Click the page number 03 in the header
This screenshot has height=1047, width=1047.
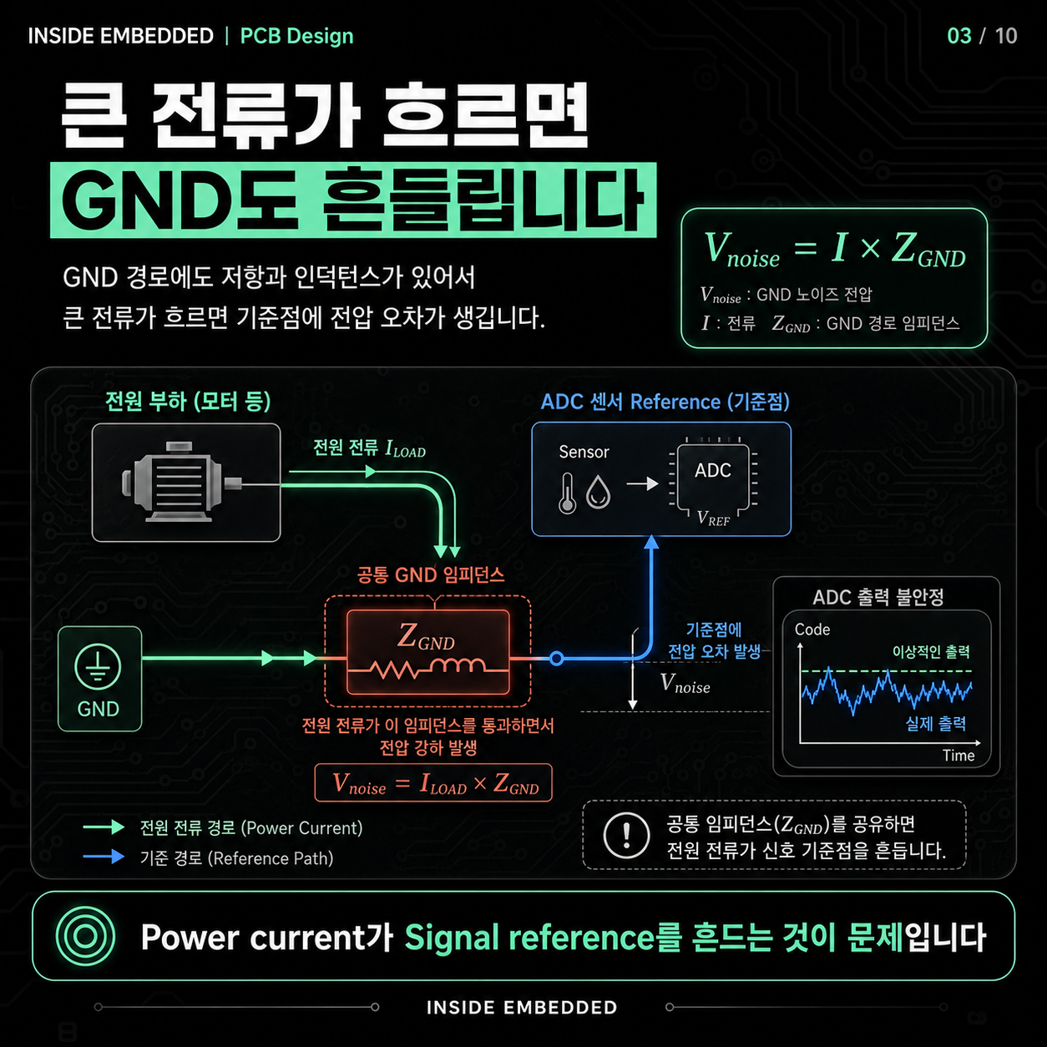coord(959,36)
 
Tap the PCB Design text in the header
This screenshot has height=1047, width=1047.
coord(296,37)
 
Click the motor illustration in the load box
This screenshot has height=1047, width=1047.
coord(181,483)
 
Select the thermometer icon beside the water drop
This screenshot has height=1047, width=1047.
coord(567,493)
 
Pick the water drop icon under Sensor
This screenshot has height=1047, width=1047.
coord(598,493)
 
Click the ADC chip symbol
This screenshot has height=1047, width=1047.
coord(713,477)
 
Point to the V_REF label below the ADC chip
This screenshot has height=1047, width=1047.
coord(713,518)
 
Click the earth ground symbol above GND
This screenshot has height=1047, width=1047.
coord(98,668)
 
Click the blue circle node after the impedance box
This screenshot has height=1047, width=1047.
coord(556,659)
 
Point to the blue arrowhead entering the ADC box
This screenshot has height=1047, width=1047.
coord(651,542)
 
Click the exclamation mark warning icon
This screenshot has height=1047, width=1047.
coord(626,835)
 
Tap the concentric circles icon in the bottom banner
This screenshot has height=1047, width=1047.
coord(85,936)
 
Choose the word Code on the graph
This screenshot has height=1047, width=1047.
coord(812,630)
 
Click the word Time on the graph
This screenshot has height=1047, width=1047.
coord(958,756)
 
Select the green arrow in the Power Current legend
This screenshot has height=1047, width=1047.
coord(104,827)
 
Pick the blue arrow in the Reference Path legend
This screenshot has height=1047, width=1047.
coord(104,857)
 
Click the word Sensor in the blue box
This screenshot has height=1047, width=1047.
coord(584,452)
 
